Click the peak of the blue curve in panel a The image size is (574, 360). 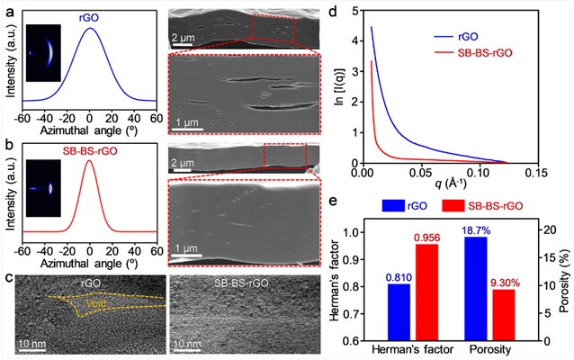(89, 28)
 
